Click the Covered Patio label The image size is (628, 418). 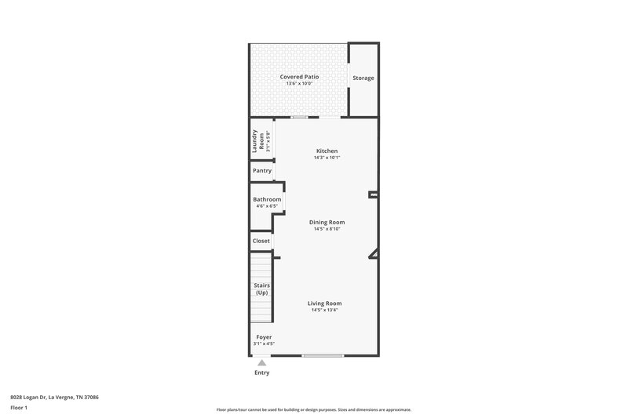point(299,77)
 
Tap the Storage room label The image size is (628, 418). point(363,78)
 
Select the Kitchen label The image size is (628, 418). point(327,151)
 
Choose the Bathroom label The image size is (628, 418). point(267,199)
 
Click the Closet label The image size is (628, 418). point(261,241)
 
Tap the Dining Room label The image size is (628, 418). point(327,222)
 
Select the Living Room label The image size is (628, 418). point(324,303)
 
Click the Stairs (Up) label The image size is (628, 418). point(261,288)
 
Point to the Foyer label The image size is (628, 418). point(264,336)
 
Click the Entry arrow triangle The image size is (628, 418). point(261,362)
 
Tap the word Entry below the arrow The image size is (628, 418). point(261,373)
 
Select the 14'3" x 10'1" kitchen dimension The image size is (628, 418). point(327,158)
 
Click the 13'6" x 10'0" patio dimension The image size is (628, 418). point(299,84)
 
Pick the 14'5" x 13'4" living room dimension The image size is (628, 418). point(324,310)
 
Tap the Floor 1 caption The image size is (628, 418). point(20,408)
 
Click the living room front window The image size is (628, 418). point(323,356)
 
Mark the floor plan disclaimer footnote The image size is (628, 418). point(314,409)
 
